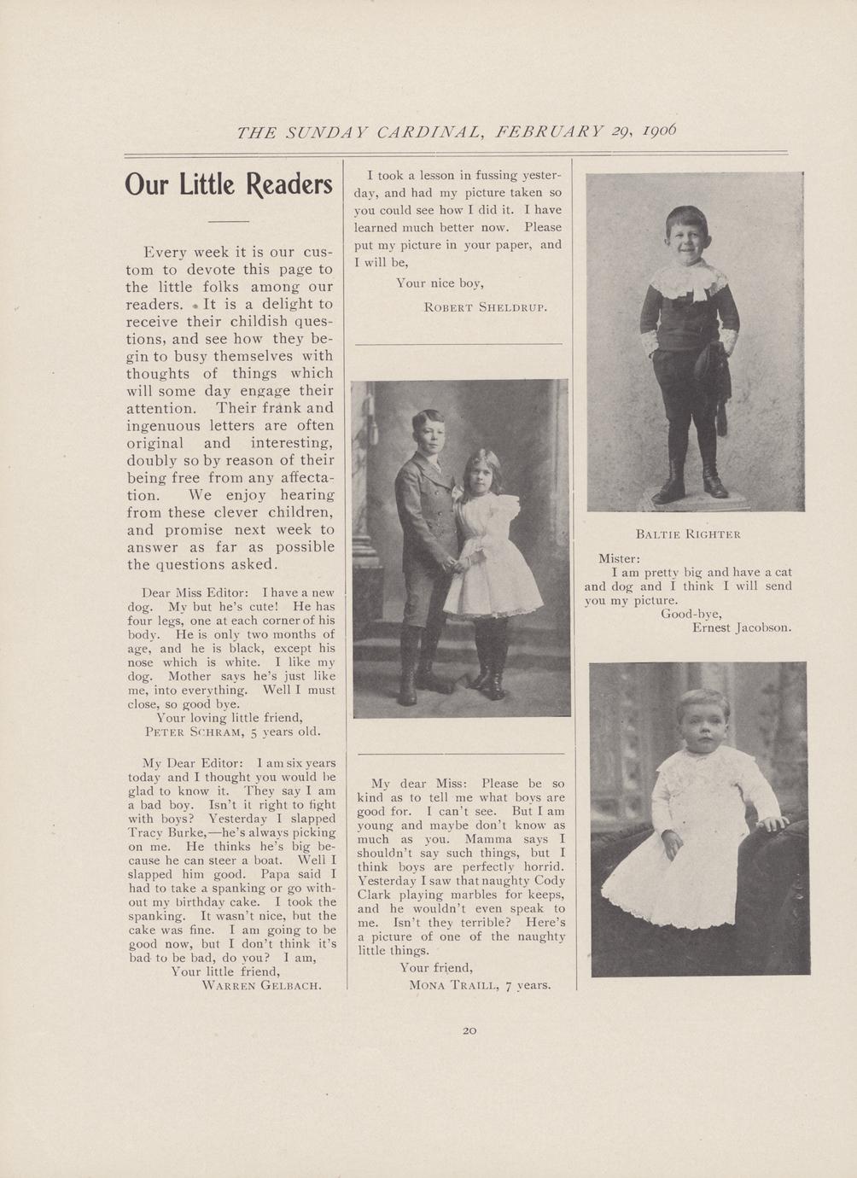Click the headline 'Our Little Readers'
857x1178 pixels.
229,184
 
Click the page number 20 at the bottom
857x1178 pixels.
469,1030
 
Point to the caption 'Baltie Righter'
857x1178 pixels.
688,534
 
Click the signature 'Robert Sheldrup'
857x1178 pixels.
485,306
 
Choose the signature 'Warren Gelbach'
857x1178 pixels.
261,984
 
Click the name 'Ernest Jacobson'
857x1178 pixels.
741,627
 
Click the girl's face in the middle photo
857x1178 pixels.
482,472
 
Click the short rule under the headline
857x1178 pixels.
228,222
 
